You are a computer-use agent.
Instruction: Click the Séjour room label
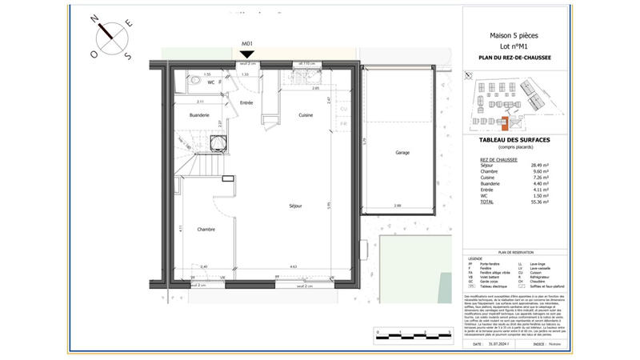pyautogui.click(x=295, y=206)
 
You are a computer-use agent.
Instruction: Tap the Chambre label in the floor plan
pyautogui.click(x=206, y=228)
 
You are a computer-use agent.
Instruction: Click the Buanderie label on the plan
pyautogui.click(x=199, y=116)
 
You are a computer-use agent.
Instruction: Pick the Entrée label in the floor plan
pyautogui.click(x=246, y=103)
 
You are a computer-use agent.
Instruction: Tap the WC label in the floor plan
pyautogui.click(x=211, y=82)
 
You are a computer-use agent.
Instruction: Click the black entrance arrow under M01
pyautogui.click(x=246, y=54)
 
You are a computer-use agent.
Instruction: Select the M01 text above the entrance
pyautogui.click(x=246, y=43)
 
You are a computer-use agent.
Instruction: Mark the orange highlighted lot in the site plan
pyautogui.click(x=504, y=122)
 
